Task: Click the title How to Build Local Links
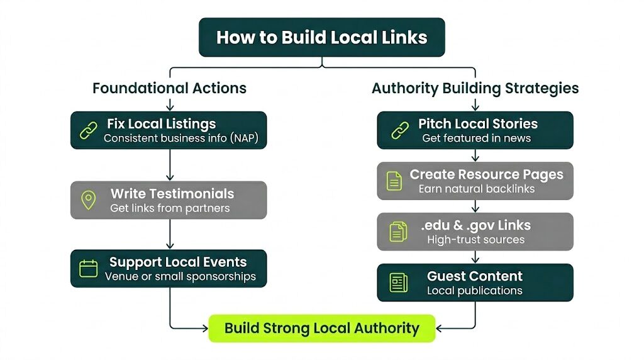(x=321, y=37)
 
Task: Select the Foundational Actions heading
(x=169, y=88)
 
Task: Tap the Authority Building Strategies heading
(x=475, y=88)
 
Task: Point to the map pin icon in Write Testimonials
(x=89, y=200)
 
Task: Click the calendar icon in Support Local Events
(x=89, y=269)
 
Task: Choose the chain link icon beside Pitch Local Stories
(x=400, y=130)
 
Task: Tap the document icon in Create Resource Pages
(x=394, y=181)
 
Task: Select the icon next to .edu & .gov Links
(x=397, y=232)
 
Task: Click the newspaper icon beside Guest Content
(x=398, y=283)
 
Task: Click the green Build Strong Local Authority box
(x=321, y=328)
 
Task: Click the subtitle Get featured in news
(x=476, y=138)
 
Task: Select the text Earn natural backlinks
(x=476, y=189)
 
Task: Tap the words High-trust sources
(x=475, y=239)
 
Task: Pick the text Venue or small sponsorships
(x=180, y=276)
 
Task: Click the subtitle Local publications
(x=474, y=290)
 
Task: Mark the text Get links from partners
(x=170, y=208)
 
